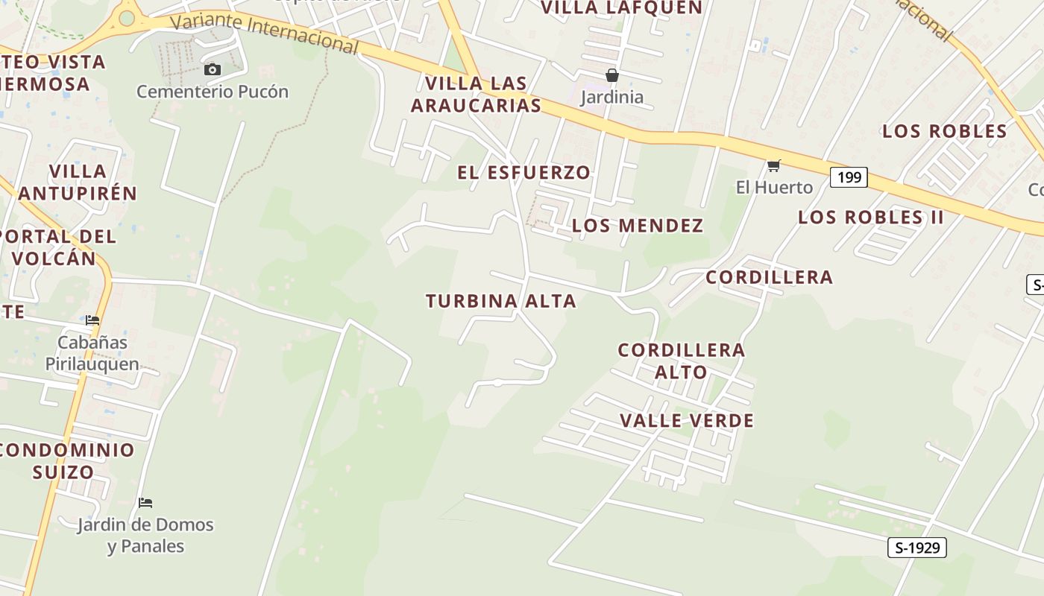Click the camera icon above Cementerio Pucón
coord(213,69)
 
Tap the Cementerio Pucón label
coord(212,92)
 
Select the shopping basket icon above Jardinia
coord(611,75)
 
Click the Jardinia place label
coord(611,97)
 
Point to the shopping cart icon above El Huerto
coord(774,165)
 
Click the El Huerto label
coord(774,187)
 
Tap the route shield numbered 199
coord(849,177)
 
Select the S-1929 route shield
coord(917,548)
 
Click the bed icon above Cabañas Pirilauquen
coord(92,320)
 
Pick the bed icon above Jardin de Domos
coord(145,503)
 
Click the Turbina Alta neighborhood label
coord(501,301)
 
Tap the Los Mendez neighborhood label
coord(638,226)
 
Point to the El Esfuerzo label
coord(524,173)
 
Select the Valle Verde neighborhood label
coord(687,421)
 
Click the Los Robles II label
coord(871,218)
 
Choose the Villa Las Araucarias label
coord(476,94)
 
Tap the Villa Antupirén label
coord(78,183)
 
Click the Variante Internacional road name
coord(264,32)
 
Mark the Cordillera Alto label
coord(681,361)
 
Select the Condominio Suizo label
coord(66,460)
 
